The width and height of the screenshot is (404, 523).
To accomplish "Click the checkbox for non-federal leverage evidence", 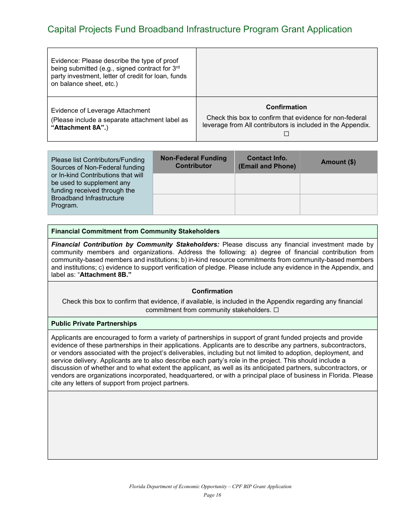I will tap(286, 134).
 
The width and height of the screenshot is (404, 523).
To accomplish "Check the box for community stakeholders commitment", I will tap(276, 310).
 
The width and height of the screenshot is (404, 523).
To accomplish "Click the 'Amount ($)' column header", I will tap(338, 162).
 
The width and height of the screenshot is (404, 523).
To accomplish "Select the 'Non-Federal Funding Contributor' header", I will tap(193, 162).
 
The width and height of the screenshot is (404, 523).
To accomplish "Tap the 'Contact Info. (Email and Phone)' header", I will tap(267, 162).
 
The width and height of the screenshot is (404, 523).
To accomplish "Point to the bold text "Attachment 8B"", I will tap(105, 275).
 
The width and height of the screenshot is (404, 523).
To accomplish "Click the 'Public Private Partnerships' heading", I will tap(94, 324).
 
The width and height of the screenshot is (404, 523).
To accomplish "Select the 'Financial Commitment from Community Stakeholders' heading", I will tap(135, 231).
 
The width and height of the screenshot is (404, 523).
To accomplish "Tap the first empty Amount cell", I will tap(338, 184).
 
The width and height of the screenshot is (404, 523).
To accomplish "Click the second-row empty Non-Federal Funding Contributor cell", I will tap(193, 205).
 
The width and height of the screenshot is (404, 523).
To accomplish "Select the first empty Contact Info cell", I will tap(267, 184).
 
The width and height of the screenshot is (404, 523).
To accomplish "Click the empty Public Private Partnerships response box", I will tap(212, 425).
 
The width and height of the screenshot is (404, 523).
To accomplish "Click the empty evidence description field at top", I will tap(286, 72).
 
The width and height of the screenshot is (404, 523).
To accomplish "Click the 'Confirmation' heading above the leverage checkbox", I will tap(286, 107).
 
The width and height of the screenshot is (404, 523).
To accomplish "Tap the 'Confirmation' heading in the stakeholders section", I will tap(212, 291).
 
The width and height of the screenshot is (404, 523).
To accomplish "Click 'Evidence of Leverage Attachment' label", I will tap(100, 111).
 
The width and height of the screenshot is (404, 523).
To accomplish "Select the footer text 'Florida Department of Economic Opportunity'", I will tap(179, 486).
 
